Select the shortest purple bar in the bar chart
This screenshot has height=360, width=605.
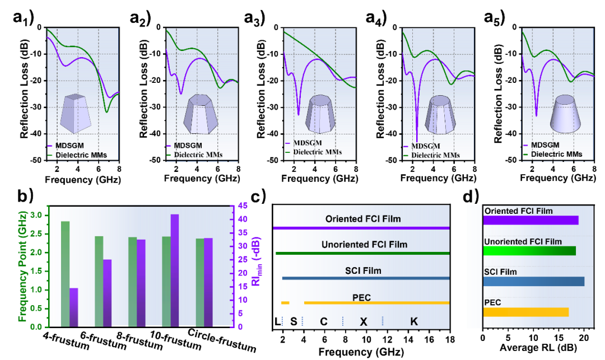pos(73,307)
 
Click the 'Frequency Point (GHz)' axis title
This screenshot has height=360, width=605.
pos(22,267)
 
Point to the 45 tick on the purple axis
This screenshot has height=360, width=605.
pos(242,205)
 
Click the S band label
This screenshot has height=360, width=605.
pos(294,322)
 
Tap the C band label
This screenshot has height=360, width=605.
pos(323,322)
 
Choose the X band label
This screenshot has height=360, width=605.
pos(363,322)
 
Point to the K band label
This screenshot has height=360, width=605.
pos(414,322)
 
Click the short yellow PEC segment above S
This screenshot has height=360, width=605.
pos(285,303)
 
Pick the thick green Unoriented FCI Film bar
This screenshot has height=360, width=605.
pos(529,251)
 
